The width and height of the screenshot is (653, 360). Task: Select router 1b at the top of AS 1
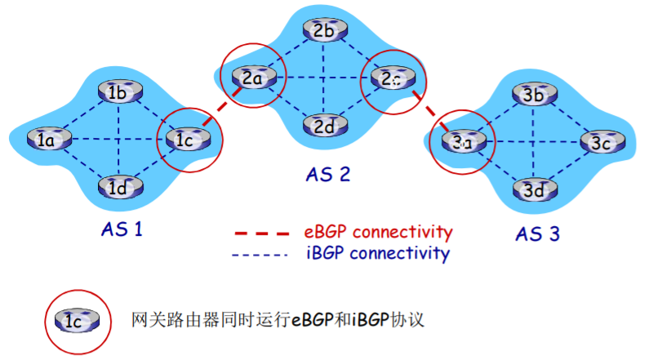[117, 92]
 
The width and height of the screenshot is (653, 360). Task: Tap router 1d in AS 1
[117, 188]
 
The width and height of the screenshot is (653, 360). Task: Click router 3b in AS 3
[535, 95]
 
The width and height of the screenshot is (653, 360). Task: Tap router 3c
[602, 143]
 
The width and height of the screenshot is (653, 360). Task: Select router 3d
[535, 190]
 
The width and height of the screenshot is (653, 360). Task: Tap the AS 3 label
[537, 234]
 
